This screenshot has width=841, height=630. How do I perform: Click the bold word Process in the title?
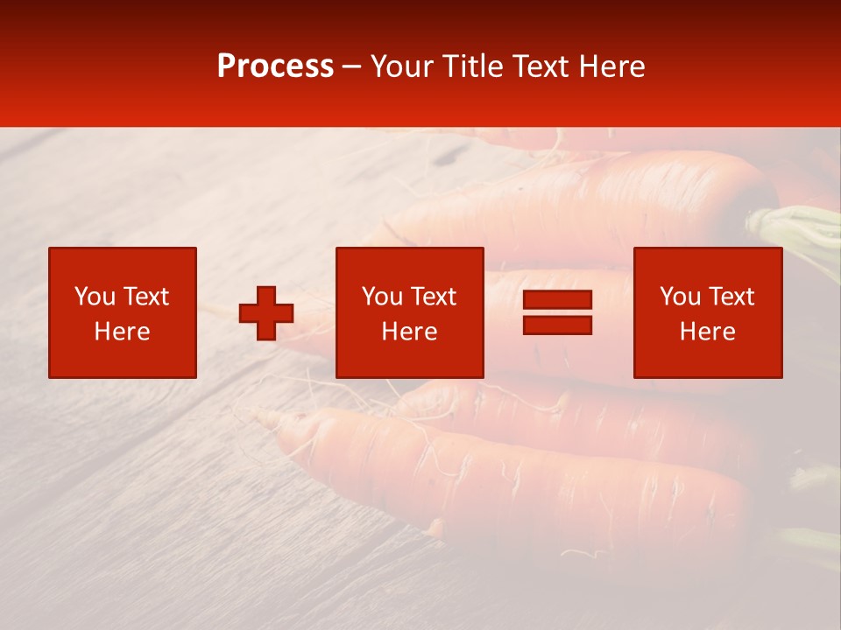point(275,66)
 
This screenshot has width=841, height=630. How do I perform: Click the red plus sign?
point(266,313)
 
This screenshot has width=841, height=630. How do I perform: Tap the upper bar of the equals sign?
point(557,300)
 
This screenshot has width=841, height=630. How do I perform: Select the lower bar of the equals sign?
point(557,325)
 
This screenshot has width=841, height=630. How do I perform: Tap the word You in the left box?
point(93,297)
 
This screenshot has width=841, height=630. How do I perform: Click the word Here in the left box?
point(123,332)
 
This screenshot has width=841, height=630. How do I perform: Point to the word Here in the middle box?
point(410,332)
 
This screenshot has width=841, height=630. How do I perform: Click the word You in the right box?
point(679,297)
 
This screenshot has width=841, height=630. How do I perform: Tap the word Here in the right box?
point(708,332)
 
